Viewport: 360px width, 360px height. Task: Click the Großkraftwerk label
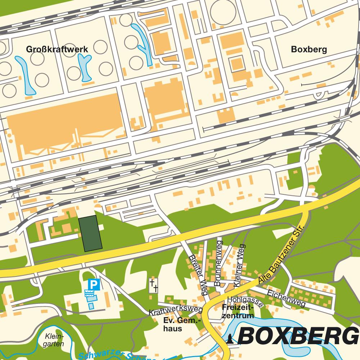57,49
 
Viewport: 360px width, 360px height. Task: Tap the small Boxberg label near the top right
309,49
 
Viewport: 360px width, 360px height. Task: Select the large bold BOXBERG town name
298,337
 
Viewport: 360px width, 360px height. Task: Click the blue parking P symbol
94,285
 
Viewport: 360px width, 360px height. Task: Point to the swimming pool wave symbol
89,294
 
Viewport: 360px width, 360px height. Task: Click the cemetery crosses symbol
154,285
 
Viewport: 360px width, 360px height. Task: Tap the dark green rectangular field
90,233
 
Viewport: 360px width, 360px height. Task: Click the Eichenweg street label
287,298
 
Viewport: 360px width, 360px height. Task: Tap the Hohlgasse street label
245,302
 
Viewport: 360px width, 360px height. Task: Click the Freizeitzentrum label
238,312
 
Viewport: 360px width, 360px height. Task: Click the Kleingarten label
54,340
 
